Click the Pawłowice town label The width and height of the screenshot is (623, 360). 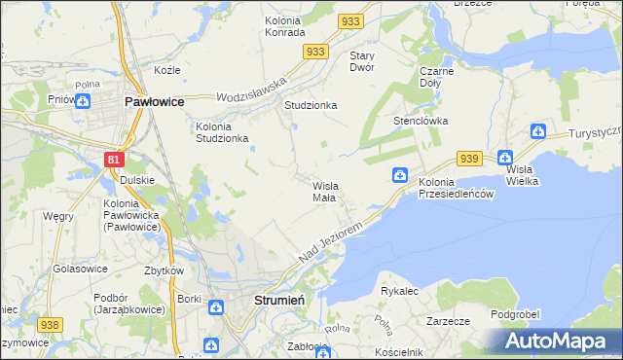coord(155,100)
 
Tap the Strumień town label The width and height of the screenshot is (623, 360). coord(279,301)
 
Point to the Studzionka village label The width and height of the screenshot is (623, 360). coord(310,105)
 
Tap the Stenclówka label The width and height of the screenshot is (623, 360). coord(420,122)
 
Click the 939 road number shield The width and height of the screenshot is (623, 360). coord(470,159)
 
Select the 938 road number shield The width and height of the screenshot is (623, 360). coord(51,325)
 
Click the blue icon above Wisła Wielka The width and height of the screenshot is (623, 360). coord(504,157)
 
